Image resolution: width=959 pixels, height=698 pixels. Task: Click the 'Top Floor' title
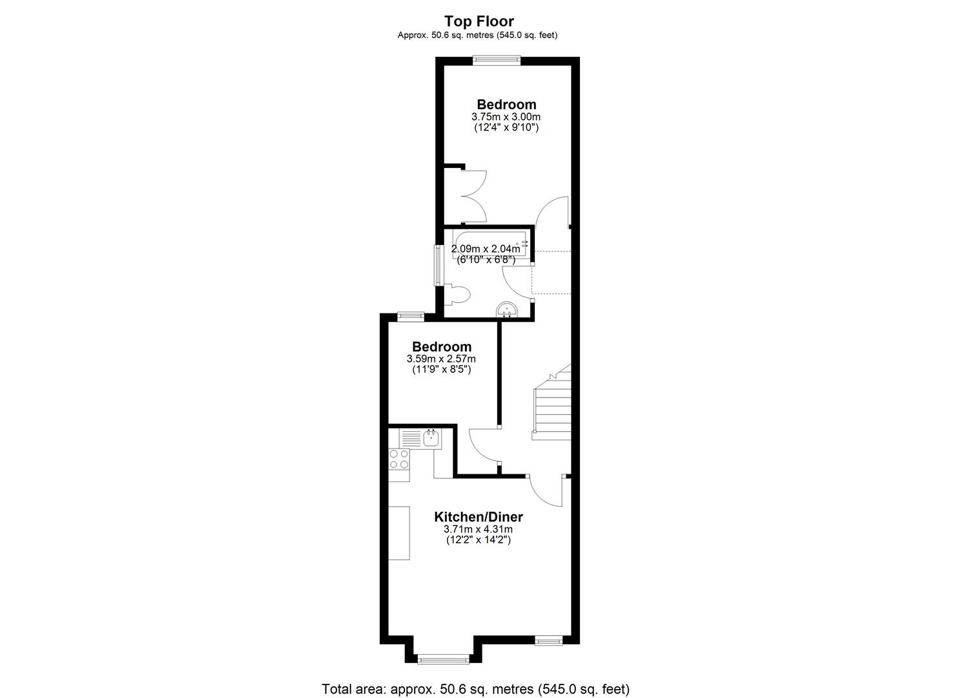(479, 22)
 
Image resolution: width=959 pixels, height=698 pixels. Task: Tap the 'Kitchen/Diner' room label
(478, 517)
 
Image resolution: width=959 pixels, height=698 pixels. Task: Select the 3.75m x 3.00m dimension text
(506, 117)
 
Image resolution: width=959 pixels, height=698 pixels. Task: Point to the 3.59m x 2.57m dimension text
(441, 359)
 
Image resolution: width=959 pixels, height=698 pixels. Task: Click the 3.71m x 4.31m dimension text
(478, 529)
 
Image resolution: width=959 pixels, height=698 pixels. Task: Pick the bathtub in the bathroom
(490, 244)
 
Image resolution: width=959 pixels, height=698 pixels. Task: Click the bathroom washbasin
(508, 311)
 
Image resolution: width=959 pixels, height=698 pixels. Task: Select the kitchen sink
(431, 438)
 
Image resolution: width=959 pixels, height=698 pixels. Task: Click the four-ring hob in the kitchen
(398, 459)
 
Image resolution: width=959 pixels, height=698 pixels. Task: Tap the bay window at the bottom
(443, 659)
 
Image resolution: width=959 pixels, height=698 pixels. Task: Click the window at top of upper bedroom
(496, 60)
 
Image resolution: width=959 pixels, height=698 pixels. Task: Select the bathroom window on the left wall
(438, 265)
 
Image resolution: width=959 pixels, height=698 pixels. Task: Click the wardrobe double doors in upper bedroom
(473, 196)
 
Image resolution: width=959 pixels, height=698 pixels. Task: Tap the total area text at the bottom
(475, 688)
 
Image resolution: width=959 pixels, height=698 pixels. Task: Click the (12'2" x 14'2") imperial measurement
(478, 540)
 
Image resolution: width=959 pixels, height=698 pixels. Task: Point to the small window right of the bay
(548, 640)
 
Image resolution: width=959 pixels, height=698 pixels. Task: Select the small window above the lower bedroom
(410, 316)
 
